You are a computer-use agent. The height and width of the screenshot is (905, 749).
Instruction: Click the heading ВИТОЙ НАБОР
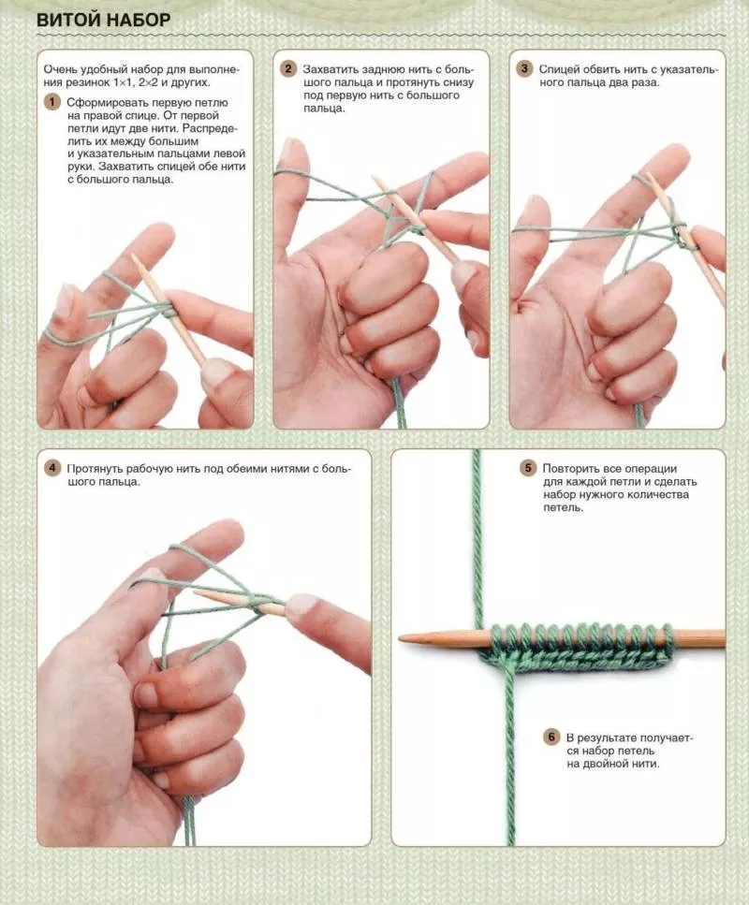click(x=103, y=21)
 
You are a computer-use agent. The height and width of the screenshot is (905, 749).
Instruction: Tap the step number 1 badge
click(x=52, y=103)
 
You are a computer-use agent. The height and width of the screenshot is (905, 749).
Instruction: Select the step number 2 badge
click(x=288, y=69)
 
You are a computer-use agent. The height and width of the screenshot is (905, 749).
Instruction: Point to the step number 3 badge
click(x=524, y=69)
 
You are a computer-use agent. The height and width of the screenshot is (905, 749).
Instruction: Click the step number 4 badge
click(x=52, y=468)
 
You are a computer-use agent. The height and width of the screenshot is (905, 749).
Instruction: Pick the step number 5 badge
click(x=528, y=468)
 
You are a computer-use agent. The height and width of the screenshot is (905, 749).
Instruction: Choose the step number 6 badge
click(x=551, y=737)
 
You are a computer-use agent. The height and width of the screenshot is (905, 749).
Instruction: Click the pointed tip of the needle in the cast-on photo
click(x=400, y=638)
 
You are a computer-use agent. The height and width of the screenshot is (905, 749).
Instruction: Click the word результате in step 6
click(x=604, y=737)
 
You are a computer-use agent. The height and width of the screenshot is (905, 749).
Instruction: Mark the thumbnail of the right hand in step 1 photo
click(x=214, y=372)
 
